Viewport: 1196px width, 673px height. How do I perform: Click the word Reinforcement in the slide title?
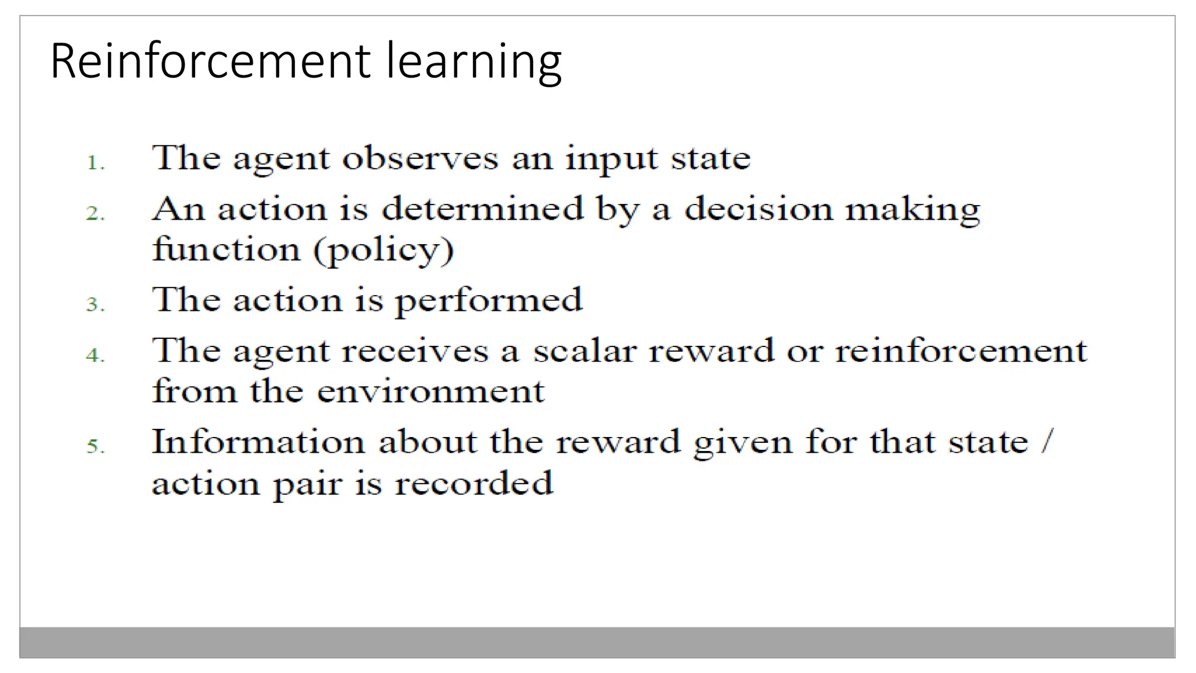211,61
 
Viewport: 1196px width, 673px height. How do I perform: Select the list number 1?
95,162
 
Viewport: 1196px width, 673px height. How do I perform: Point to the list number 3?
95,304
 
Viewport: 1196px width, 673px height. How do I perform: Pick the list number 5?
95,447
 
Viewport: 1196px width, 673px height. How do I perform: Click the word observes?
420,158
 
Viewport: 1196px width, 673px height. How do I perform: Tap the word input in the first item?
611,159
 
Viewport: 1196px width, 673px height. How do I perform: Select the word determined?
482,209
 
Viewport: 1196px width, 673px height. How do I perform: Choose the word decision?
759,209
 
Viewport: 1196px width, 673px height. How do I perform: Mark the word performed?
489,301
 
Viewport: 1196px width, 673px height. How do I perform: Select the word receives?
415,351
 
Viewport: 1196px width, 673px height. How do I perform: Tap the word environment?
430,391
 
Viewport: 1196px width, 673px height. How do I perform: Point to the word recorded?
474,484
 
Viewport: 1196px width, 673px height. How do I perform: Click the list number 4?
95,355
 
